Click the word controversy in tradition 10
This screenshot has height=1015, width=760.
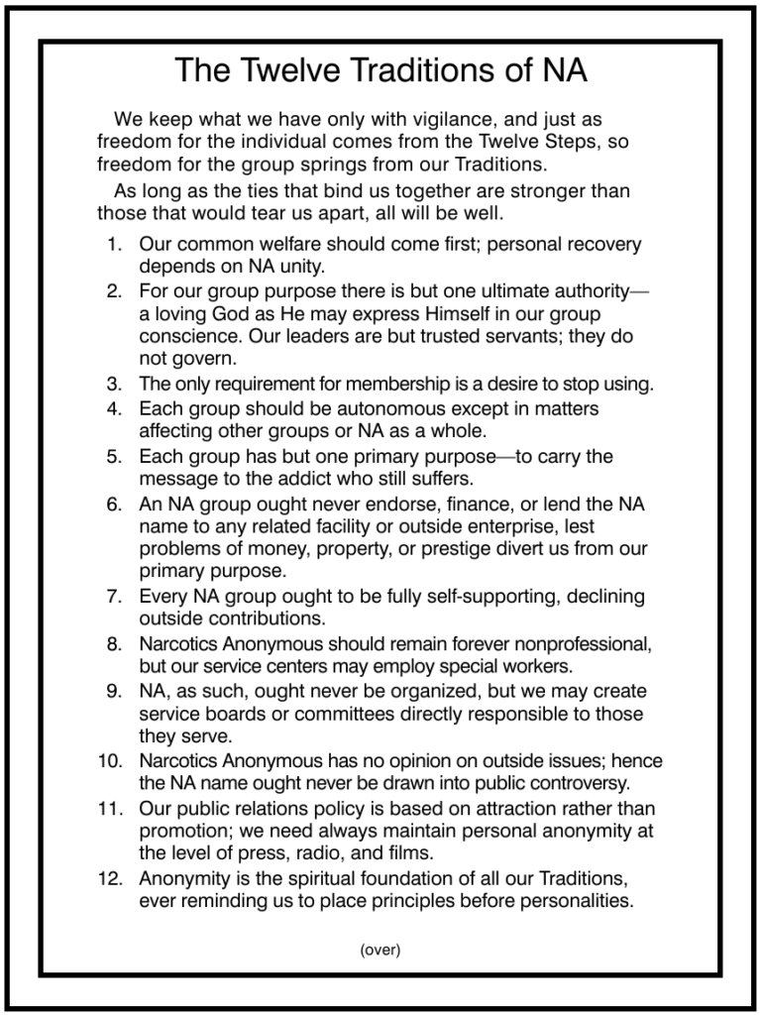(x=563, y=783)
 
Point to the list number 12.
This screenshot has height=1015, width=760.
(x=110, y=878)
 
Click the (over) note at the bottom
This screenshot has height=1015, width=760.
(x=380, y=950)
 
